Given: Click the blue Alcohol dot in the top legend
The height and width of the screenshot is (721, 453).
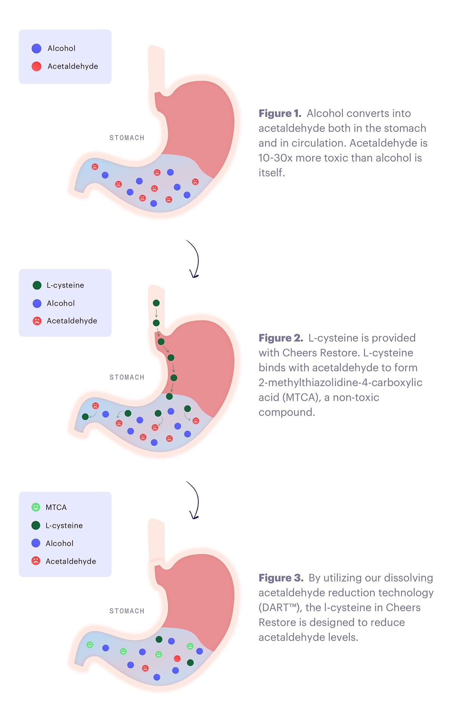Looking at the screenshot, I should (x=37, y=48).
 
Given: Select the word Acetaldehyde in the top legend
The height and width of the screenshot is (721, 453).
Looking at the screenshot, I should (x=73, y=67).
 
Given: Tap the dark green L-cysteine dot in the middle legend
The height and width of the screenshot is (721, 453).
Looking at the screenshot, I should (x=37, y=285).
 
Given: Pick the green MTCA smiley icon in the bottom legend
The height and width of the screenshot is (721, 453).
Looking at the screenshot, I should (x=36, y=507).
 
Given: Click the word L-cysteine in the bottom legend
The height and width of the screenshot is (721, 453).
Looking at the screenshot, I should (x=64, y=526).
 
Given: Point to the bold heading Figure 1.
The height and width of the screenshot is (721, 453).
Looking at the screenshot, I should (x=280, y=113).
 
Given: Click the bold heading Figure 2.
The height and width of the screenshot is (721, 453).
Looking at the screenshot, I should (x=280, y=338).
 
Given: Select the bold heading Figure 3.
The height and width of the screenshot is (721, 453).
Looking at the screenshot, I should (x=281, y=578).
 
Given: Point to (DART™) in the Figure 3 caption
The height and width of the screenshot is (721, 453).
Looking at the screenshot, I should (x=279, y=608).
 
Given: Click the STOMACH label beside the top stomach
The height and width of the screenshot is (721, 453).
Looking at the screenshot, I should (x=127, y=138).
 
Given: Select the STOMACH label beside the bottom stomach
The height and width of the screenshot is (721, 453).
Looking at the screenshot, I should (x=127, y=611).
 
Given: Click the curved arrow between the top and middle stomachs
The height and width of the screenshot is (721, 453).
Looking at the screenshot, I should (x=194, y=259).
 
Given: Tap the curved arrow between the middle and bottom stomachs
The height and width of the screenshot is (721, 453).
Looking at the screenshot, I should (x=194, y=500).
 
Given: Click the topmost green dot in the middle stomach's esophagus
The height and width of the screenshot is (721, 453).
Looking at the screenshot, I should (x=156, y=303).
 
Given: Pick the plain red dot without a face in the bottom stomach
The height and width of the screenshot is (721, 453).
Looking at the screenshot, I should (x=177, y=659).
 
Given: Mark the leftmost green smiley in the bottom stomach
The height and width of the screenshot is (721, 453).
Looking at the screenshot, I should (x=90, y=645).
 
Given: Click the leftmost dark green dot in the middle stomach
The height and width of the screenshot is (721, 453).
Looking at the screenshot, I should (x=85, y=416).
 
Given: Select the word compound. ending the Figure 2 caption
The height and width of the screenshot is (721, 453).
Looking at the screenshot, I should (x=287, y=412).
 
